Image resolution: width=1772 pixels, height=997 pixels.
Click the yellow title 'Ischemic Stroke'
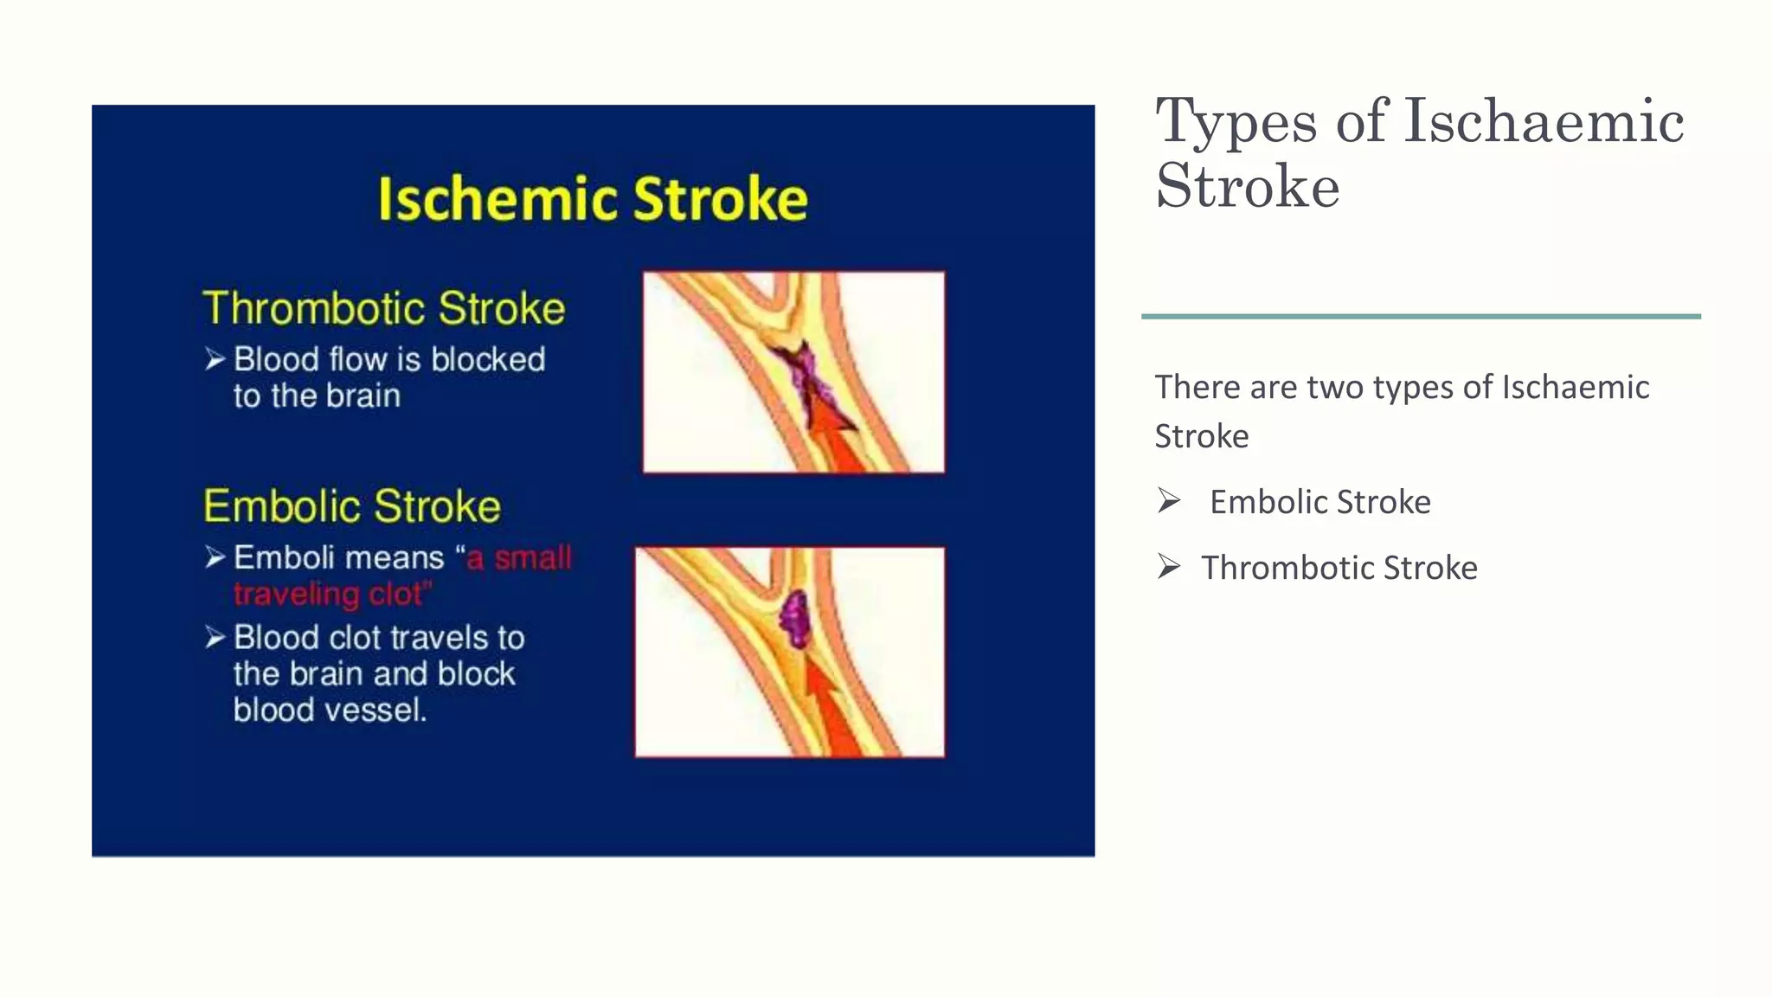coord(593,200)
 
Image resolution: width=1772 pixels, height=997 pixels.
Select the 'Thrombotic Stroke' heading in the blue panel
coord(383,309)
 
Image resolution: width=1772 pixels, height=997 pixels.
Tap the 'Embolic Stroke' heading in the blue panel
coord(352,506)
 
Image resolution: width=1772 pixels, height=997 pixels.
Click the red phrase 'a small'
coord(519,558)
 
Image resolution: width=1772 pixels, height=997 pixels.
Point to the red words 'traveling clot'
coord(331,595)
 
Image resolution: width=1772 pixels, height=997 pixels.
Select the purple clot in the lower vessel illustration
coord(794,620)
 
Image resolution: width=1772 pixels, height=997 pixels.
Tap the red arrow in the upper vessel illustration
coord(835,437)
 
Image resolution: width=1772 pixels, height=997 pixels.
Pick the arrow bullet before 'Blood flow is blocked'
coord(215,359)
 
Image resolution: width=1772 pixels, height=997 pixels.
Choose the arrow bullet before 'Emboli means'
coord(215,557)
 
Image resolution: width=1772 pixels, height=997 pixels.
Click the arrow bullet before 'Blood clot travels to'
coord(215,638)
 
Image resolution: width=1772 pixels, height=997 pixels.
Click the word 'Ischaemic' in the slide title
coord(1544,121)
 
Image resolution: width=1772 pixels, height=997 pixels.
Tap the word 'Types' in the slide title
coord(1236,123)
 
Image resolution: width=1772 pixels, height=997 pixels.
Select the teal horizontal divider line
coord(1421,317)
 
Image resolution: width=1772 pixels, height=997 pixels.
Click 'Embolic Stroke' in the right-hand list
coord(1319,502)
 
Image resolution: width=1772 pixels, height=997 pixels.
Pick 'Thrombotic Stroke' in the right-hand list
coord(1339,568)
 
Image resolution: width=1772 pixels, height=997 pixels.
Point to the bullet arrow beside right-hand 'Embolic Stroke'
coord(1169,501)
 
